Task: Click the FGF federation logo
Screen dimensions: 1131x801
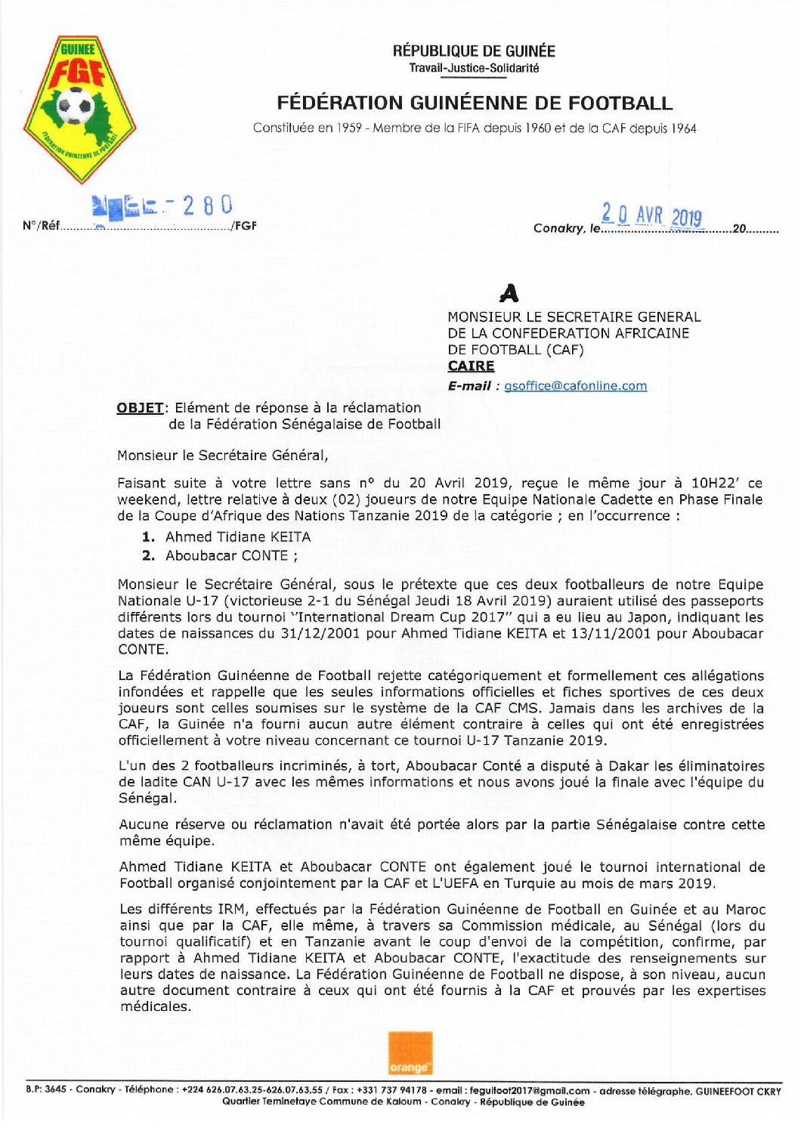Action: (79, 109)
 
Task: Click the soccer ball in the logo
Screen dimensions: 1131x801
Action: (75, 105)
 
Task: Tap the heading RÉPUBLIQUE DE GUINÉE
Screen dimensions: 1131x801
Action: (474, 51)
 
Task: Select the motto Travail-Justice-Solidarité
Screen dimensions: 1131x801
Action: (474, 68)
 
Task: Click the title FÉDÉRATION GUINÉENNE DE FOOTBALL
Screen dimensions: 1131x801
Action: (474, 103)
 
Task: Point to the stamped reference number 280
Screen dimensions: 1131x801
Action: (207, 205)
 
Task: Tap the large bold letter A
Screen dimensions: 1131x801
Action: (510, 293)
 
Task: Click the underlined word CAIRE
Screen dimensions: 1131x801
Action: (471, 366)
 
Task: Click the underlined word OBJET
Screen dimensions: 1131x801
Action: (140, 408)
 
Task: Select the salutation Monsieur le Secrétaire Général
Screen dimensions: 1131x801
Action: (222, 456)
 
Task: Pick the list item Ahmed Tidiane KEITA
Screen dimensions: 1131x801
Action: (238, 537)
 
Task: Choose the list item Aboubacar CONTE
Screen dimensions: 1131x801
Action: (227, 556)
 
